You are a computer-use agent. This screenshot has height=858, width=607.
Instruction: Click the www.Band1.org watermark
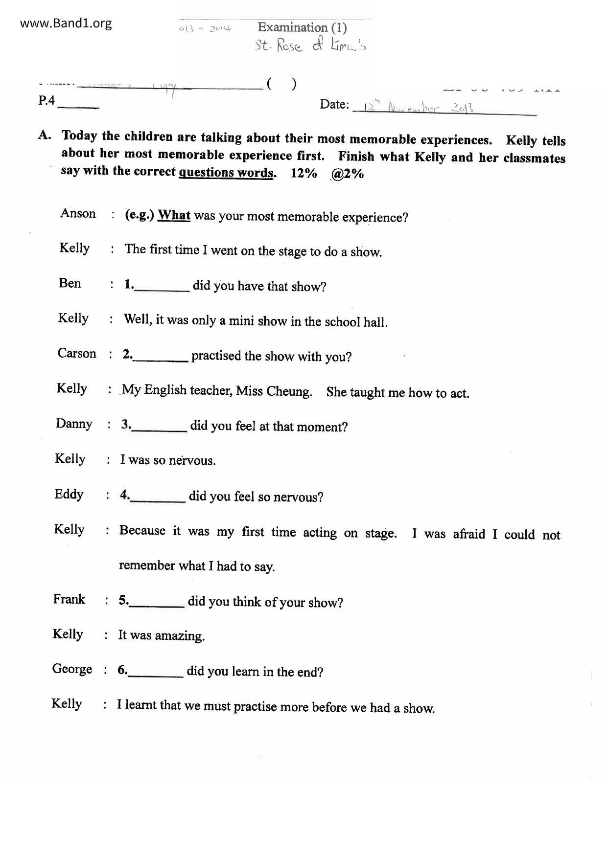click(66, 23)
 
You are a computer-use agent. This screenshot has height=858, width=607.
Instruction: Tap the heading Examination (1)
click(302, 27)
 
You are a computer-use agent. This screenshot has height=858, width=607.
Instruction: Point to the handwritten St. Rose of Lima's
click(310, 46)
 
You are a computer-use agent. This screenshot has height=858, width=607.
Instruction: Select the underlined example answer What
click(174, 216)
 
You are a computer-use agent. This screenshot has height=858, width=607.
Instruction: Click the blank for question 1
click(162, 287)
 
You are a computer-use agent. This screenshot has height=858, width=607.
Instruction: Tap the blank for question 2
click(161, 358)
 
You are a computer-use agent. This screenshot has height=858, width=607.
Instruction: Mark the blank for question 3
click(160, 428)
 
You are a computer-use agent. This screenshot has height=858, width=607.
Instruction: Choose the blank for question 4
click(158, 498)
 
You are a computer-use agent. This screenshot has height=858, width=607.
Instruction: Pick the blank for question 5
click(157, 603)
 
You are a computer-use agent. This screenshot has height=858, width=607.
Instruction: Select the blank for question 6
click(156, 673)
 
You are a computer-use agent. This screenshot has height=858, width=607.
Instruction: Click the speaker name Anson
click(78, 213)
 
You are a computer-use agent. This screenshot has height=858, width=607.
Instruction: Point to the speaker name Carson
click(77, 354)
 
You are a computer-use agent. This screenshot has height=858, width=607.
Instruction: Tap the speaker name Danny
click(74, 424)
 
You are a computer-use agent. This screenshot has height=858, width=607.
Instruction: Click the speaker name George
click(72, 669)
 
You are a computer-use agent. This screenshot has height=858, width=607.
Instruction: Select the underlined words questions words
click(226, 173)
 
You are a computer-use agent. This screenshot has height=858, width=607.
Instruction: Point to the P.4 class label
click(47, 101)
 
